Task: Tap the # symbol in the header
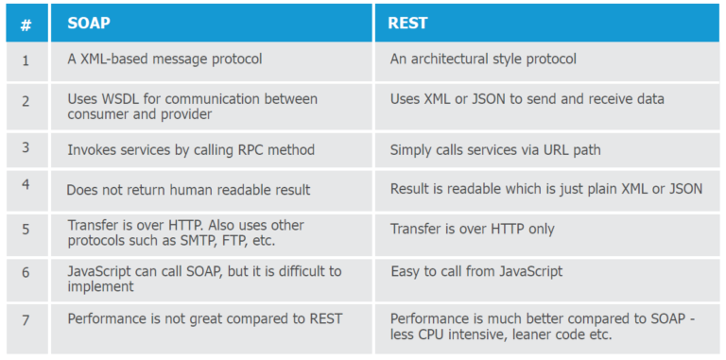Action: [x=26, y=26]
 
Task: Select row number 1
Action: [x=26, y=60]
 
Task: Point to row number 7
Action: [x=26, y=319]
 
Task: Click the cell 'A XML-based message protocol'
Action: [x=164, y=60]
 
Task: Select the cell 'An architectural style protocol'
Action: [x=483, y=60]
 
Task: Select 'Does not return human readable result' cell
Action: [x=188, y=190]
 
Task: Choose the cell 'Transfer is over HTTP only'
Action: [x=472, y=229]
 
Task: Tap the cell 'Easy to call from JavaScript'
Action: [x=476, y=272]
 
